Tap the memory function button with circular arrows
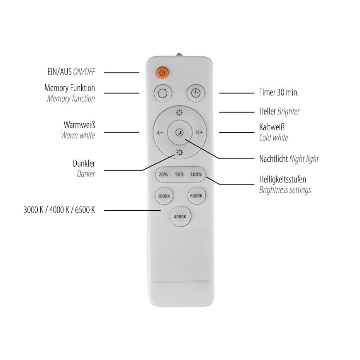point(162,93)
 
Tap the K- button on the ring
point(160,133)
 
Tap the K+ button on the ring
point(199,133)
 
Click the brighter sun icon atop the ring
point(179,112)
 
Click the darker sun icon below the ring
point(179,153)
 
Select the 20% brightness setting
point(163,175)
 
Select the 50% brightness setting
point(180,175)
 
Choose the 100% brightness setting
point(196,175)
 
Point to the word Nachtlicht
point(273,158)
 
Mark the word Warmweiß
point(79,125)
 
